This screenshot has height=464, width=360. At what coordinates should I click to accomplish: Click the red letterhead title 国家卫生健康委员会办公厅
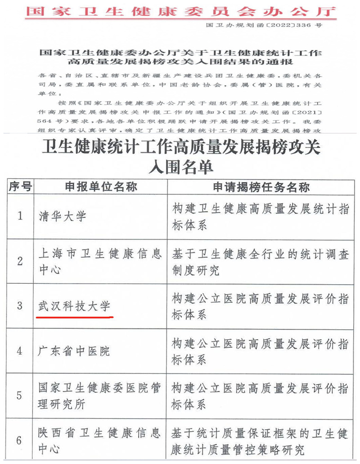coord(180,11)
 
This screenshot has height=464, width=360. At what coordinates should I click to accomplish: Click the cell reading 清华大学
coord(62,217)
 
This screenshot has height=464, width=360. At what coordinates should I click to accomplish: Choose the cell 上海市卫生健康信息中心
coord(99,262)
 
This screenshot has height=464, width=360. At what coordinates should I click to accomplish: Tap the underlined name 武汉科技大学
coord(74,307)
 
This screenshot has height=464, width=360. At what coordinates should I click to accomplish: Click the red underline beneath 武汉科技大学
coord(74,317)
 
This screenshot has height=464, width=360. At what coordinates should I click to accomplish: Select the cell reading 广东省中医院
coord(74,350)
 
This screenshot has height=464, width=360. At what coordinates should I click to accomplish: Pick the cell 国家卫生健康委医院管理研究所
coord(99,396)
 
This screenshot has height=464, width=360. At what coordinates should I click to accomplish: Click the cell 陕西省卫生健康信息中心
coord(99,441)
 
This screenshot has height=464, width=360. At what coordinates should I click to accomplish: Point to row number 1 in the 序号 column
coord(20,216)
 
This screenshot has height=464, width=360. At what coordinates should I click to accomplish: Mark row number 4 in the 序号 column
coord(19,350)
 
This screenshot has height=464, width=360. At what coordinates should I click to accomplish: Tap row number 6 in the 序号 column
coord(19,440)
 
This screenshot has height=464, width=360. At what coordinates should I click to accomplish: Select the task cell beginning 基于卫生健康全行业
coord(260,262)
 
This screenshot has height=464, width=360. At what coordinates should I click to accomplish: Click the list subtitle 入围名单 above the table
coord(180,167)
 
